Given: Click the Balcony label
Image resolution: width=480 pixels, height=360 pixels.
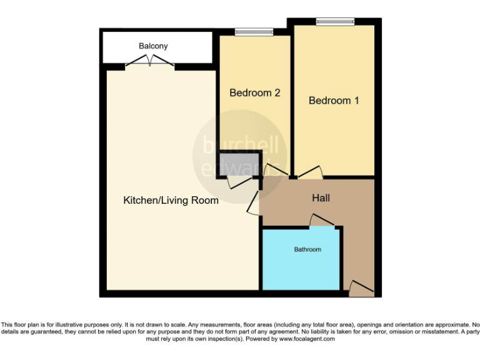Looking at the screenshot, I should [153, 46].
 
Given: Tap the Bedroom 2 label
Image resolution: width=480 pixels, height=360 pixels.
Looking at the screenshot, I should [254, 93].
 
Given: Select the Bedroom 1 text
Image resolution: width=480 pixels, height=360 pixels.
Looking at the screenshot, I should [334, 100].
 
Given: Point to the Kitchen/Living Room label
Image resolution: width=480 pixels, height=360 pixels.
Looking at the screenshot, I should [171, 201].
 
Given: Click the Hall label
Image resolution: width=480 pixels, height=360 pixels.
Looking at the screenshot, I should [321, 198].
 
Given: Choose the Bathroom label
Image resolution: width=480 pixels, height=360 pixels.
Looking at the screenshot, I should [307, 249].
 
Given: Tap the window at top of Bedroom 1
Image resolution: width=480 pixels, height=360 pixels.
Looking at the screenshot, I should [335, 22].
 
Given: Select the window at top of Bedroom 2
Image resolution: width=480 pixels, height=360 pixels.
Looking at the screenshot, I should [254, 32].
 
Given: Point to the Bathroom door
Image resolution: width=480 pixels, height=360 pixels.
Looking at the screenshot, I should [322, 220].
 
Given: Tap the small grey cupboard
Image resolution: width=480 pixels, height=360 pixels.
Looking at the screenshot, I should [237, 165].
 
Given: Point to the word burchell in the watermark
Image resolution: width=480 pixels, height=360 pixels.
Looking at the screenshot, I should [240, 146].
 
